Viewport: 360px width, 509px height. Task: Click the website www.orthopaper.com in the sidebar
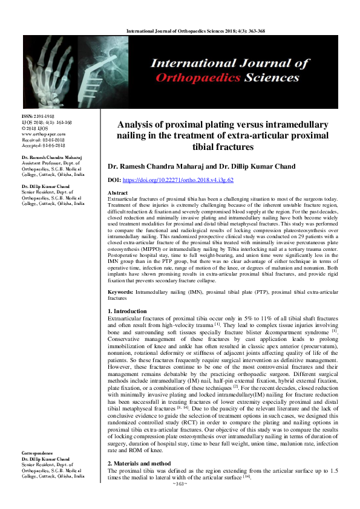coord(43,134)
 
